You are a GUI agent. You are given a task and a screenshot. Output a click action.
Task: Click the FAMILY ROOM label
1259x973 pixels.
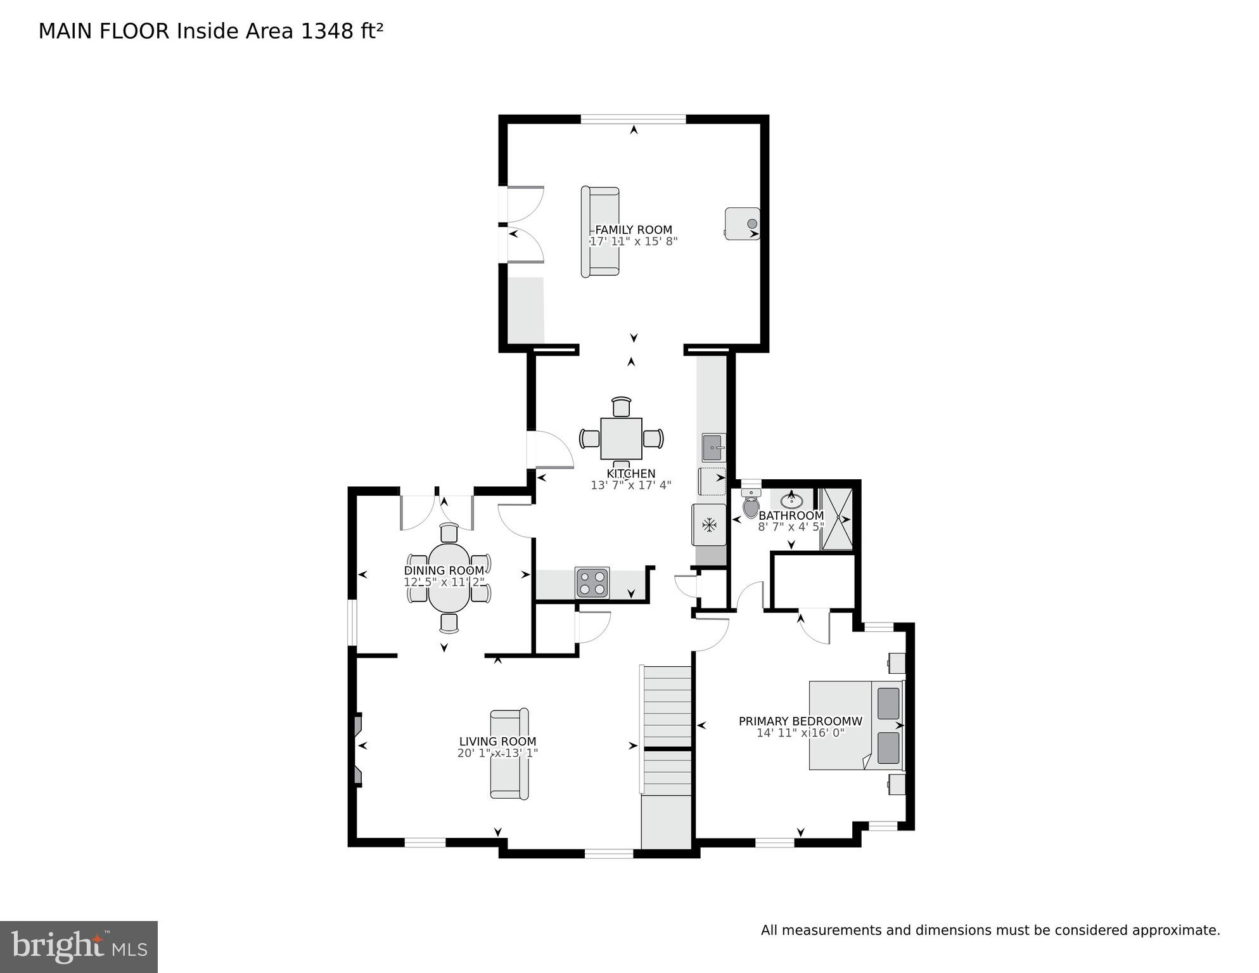coord(633,230)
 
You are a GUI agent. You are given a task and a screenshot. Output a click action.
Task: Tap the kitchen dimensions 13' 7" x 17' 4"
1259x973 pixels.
coord(630,486)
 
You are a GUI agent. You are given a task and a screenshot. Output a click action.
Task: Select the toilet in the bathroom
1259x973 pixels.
coord(751,506)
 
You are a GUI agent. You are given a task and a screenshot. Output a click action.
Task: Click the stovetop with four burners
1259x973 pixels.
coord(592,583)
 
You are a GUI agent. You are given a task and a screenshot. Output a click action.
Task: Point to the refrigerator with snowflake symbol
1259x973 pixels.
coord(709,525)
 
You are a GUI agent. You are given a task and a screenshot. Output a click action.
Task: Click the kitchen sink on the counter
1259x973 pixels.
coord(713,448)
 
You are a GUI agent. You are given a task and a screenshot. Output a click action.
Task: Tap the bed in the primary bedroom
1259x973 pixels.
coord(855,726)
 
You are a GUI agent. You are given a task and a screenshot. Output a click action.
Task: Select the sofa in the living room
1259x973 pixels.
coord(509,754)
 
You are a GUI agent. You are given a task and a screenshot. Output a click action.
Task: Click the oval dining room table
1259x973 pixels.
coord(449,576)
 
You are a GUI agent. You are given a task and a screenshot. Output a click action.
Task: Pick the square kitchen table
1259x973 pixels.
coord(621,439)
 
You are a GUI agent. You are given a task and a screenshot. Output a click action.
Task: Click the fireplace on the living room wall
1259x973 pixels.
coord(358,750)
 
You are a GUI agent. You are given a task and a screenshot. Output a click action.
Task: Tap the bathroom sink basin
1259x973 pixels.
coord(791,501)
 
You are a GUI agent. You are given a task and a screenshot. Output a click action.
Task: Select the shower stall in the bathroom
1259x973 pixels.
coord(837,519)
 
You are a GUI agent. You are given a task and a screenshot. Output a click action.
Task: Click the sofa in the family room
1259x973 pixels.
coord(600,231)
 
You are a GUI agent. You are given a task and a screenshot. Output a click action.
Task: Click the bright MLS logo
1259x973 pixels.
coord(79,947)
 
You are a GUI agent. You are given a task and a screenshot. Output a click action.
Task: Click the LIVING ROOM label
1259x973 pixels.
coord(497,742)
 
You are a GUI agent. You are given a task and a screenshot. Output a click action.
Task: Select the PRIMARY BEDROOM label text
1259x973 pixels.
coord(800,721)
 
